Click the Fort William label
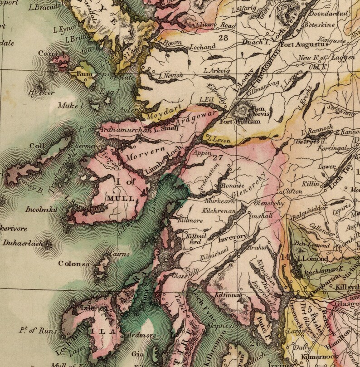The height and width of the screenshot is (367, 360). click(234, 121)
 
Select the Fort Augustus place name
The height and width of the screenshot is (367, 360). click(303, 45)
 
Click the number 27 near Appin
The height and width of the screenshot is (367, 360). click(218, 158)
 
